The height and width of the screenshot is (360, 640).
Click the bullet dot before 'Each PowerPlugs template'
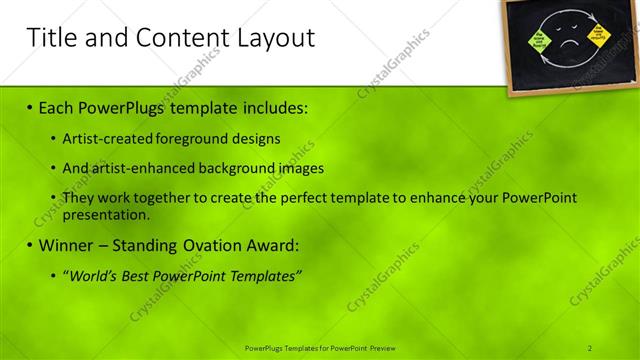coord(30,107)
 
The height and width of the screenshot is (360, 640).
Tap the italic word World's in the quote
coord(95,276)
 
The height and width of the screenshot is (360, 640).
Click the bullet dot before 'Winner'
coord(30,246)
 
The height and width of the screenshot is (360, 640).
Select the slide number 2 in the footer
coord(590,347)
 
